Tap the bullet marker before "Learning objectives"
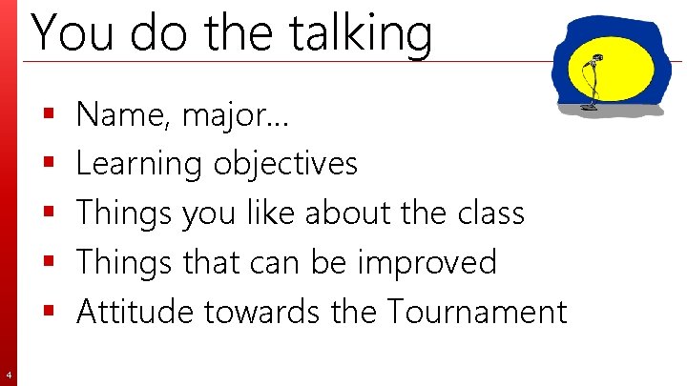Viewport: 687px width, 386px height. [48, 164]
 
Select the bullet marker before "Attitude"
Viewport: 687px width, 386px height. [48, 310]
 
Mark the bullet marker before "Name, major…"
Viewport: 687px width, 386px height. [48, 114]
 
